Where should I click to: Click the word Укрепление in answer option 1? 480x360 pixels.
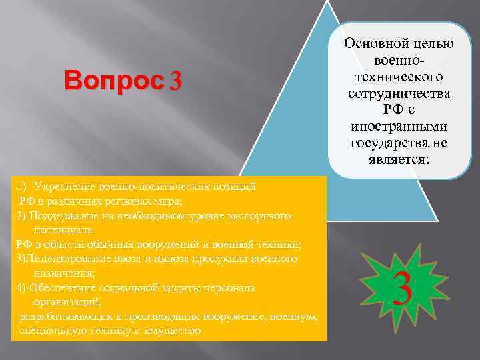[63, 186]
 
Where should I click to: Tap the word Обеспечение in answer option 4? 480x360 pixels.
[64, 287]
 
